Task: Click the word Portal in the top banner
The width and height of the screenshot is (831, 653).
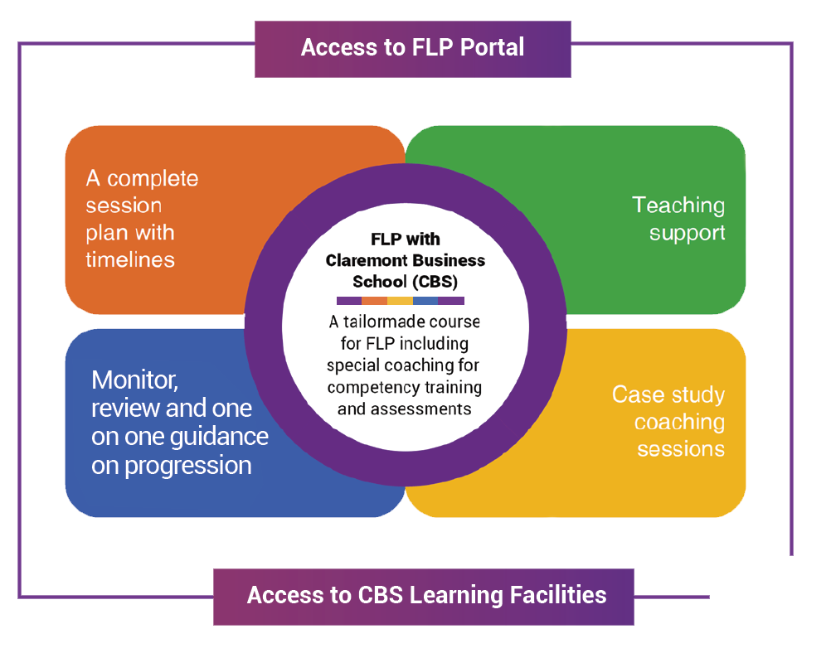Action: (x=488, y=47)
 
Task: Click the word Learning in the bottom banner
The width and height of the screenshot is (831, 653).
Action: (x=461, y=595)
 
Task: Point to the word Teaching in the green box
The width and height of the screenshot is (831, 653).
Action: (x=678, y=206)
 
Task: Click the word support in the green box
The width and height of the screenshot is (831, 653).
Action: (x=688, y=233)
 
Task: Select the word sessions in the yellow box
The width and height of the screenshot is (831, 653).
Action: (x=681, y=449)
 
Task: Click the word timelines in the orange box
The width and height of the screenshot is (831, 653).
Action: (x=130, y=259)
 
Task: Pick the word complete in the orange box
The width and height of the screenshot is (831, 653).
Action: (x=153, y=178)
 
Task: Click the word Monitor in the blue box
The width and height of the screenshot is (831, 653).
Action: (x=134, y=380)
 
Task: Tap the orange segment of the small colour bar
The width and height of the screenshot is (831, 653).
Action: (x=375, y=301)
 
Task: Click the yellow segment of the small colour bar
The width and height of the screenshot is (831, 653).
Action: (x=400, y=301)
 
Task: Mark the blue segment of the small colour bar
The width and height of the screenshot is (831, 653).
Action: (x=425, y=301)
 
